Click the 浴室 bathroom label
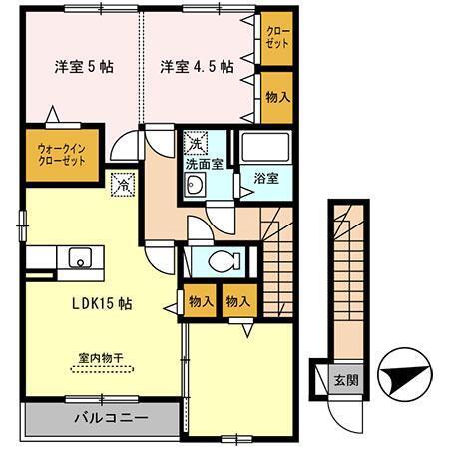[x=264, y=176]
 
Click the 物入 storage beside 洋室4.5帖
[x=276, y=97]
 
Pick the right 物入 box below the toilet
[x=236, y=300]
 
